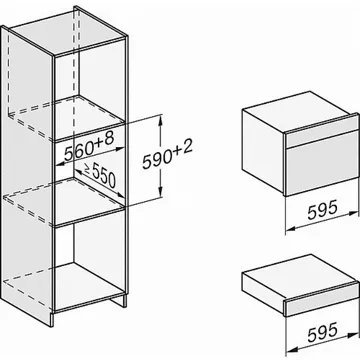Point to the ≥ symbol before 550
(87, 168)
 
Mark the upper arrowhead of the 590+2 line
(161, 119)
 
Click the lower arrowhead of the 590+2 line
(161, 193)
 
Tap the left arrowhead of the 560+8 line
(59, 164)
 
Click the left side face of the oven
(263, 152)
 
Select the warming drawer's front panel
(322, 300)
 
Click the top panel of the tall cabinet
(67, 31)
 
